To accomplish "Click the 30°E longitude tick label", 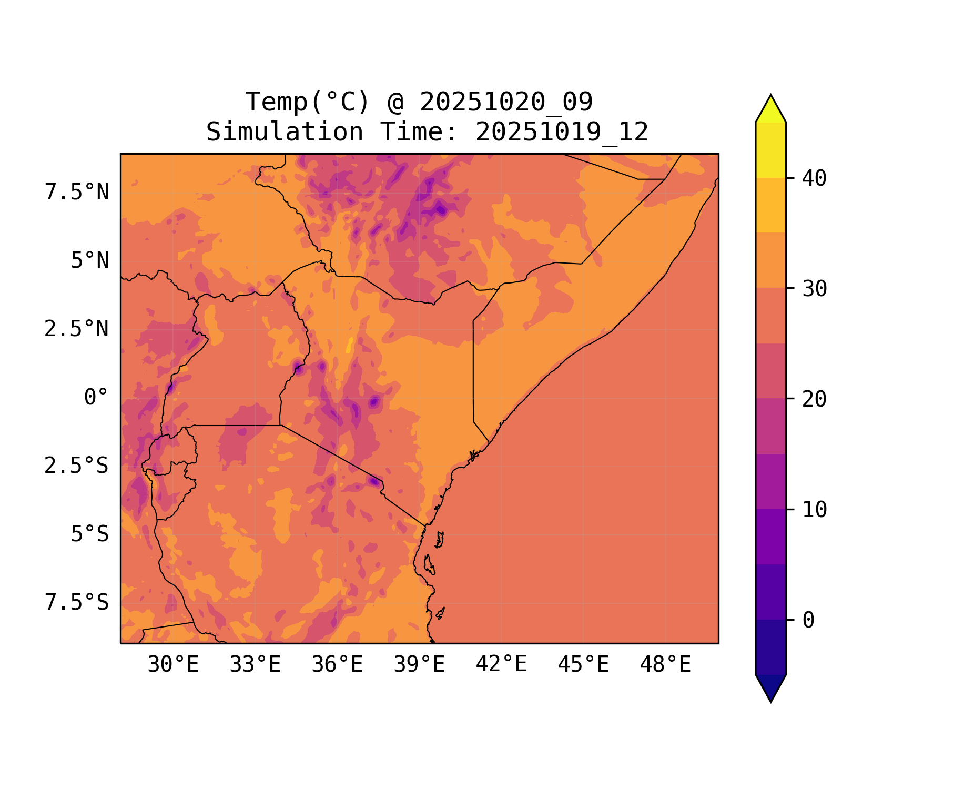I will pyautogui.click(x=173, y=665).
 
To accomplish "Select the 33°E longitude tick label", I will pyautogui.click(x=255, y=665).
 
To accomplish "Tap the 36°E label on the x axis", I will pyautogui.click(x=337, y=665).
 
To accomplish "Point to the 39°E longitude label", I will pyautogui.click(x=419, y=665).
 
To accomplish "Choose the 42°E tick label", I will pyautogui.click(x=501, y=664).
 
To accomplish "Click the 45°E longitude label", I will pyautogui.click(x=583, y=665).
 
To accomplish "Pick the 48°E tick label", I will pyautogui.click(x=665, y=665).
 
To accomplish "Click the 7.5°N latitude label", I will pyautogui.click(x=77, y=193).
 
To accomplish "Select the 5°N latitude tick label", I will pyautogui.click(x=89, y=261).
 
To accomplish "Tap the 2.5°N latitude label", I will pyautogui.click(x=77, y=329).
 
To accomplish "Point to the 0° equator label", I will pyautogui.click(x=96, y=397).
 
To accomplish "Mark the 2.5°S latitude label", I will pyautogui.click(x=77, y=466).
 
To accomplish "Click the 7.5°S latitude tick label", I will pyautogui.click(x=77, y=602).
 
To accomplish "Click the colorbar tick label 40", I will pyautogui.click(x=814, y=178).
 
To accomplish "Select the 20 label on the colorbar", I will pyautogui.click(x=814, y=399).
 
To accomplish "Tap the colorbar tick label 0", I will pyautogui.click(x=808, y=620).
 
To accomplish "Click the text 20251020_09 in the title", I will pyautogui.click(x=506, y=102).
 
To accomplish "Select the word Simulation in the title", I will pyautogui.click(x=284, y=132).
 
